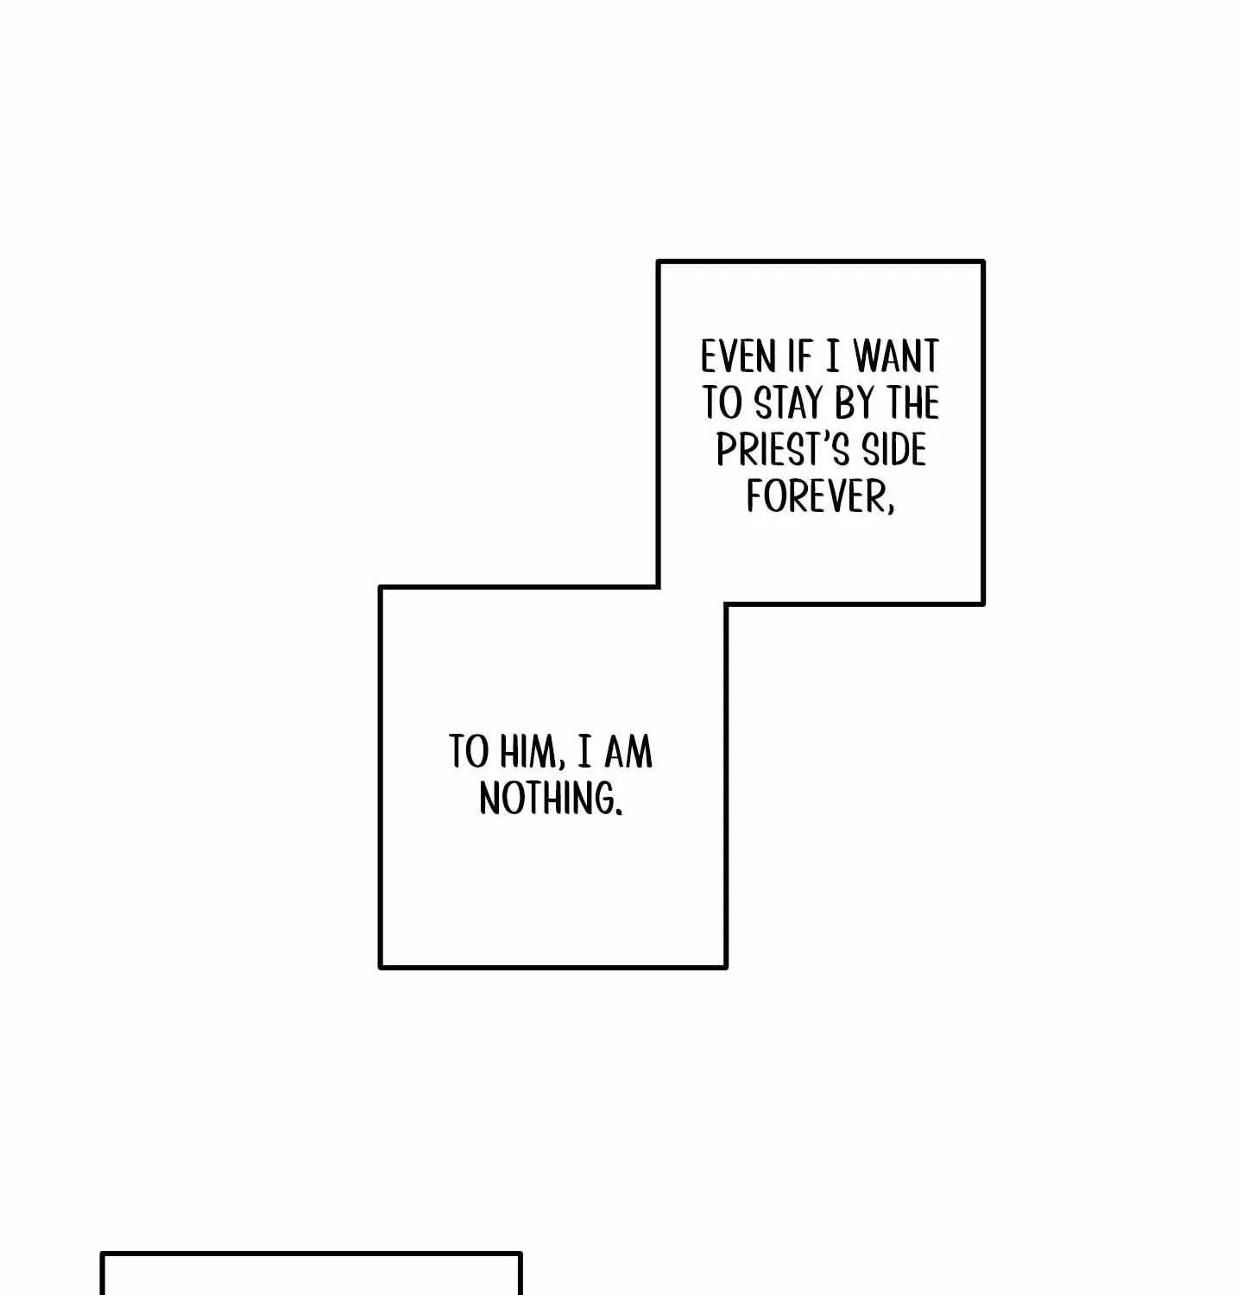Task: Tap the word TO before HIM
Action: [x=469, y=752]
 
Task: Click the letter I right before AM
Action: [x=584, y=752]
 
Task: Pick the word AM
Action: [x=628, y=752]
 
